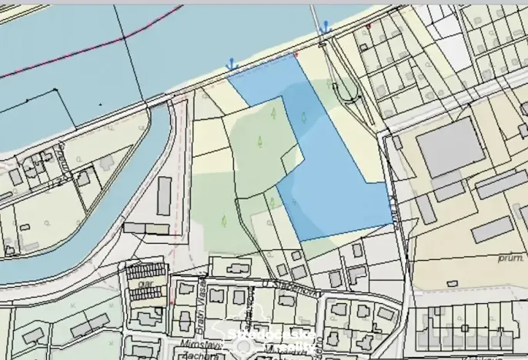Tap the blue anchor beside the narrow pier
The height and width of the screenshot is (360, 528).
pyautogui.click(x=326, y=28)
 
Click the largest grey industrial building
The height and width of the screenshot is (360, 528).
pyautogui.click(x=451, y=148)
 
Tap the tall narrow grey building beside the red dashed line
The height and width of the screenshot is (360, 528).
pyautogui.click(x=164, y=195)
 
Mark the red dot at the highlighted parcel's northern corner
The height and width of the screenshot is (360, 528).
pyautogui.click(x=296, y=54)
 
